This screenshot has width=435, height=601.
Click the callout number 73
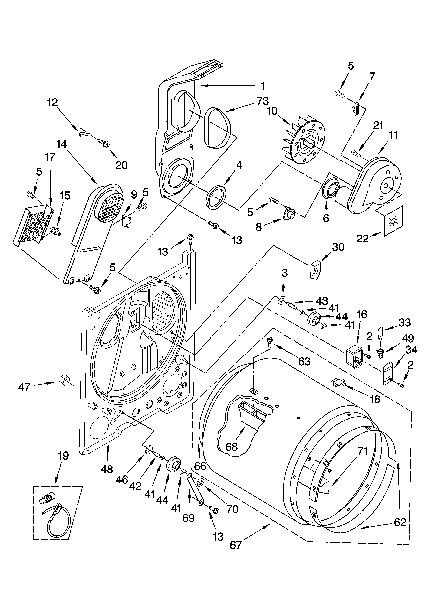tap(262, 101)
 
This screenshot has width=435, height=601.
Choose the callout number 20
tap(122, 165)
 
